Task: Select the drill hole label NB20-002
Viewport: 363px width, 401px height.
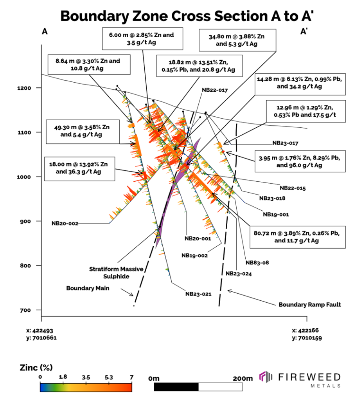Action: pyautogui.click(x=65, y=224)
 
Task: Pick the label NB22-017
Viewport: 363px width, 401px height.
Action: pyautogui.click(x=215, y=90)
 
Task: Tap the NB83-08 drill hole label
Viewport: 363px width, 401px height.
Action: pyautogui.click(x=257, y=263)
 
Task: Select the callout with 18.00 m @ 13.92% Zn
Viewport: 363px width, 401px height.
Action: pyautogui.click(x=80, y=168)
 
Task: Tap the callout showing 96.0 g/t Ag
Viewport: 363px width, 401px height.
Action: pyautogui.click(x=300, y=161)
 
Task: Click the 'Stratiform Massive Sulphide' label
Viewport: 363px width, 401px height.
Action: pyautogui.click(x=116, y=272)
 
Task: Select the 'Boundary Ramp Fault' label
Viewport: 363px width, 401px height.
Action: pyautogui.click(x=310, y=304)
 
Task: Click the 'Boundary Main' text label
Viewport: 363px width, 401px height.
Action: pyautogui.click(x=87, y=289)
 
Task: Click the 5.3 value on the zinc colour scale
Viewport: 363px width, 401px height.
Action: pyautogui.click(x=109, y=378)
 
